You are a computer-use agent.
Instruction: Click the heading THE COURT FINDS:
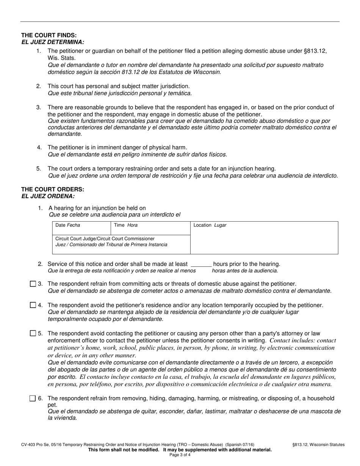(x=49, y=35)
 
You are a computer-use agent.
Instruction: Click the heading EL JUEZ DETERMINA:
(x=53, y=42)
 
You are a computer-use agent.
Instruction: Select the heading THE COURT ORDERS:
(x=53, y=189)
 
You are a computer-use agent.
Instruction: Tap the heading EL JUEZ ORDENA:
(x=48, y=196)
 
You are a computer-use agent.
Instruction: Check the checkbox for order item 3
(x=33, y=284)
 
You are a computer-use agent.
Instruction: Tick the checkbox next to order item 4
(x=33, y=305)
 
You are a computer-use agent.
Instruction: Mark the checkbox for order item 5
(x=33, y=333)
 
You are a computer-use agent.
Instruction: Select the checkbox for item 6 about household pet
(x=33, y=398)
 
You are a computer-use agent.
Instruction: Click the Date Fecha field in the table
(x=81, y=228)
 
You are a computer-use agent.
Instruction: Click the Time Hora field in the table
(x=150, y=228)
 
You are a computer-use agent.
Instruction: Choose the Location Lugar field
(x=264, y=238)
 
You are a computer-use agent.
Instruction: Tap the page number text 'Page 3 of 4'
(x=180, y=455)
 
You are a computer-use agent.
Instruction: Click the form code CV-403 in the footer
(x=29, y=445)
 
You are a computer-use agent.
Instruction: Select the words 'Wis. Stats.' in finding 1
(x=61, y=58)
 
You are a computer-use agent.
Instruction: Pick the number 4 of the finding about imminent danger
(x=39, y=147)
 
